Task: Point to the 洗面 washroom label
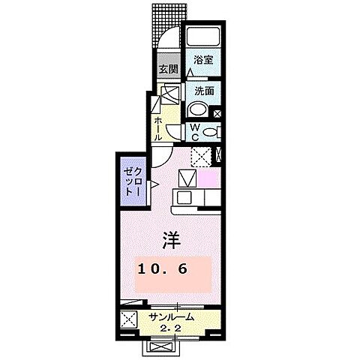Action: tap(202, 90)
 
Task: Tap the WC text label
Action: tap(193, 132)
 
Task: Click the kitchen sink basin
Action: tap(188, 180)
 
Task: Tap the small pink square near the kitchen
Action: tap(207, 180)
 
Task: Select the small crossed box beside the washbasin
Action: tap(217, 115)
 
